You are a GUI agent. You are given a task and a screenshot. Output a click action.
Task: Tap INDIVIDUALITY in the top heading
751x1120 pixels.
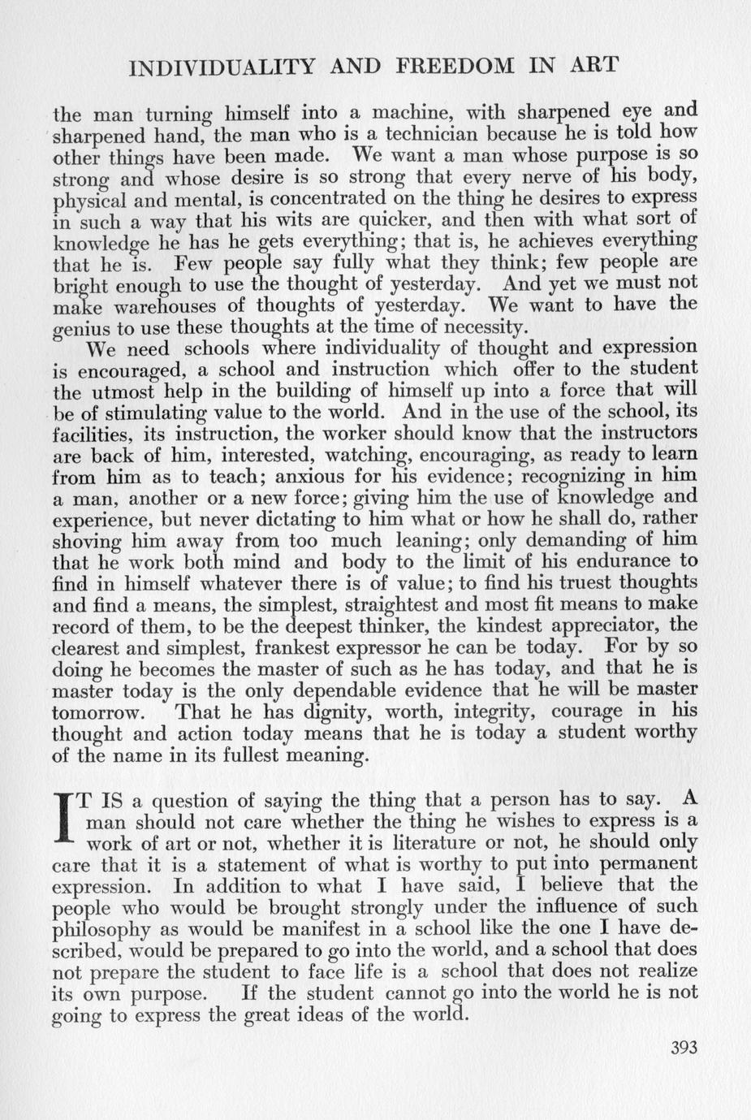pos(221,66)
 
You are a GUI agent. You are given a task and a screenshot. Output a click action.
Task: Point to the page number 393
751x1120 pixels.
pos(684,1047)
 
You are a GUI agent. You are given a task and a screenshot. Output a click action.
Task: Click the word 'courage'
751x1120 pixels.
pos(587,711)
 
